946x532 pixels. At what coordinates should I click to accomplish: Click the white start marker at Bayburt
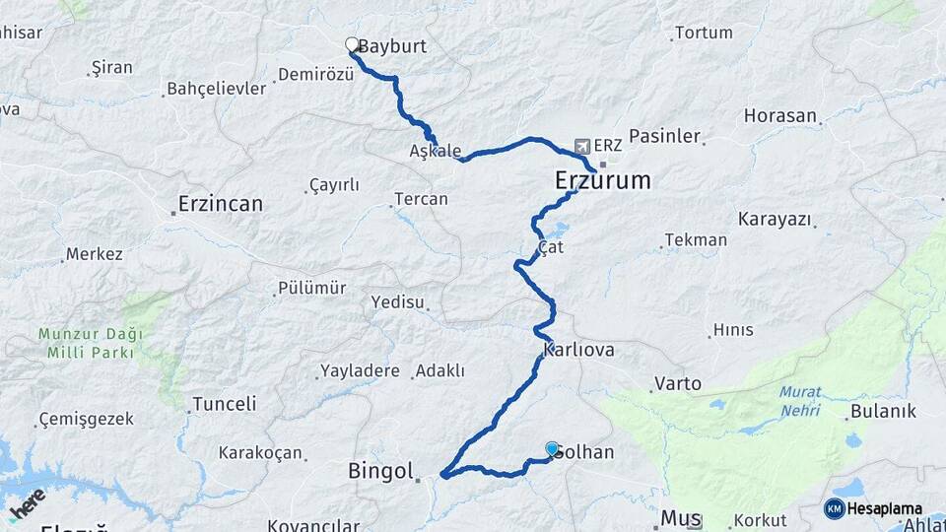click(x=352, y=44)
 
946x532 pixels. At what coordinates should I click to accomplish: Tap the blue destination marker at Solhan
click(x=552, y=449)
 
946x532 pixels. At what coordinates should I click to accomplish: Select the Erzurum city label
click(x=603, y=180)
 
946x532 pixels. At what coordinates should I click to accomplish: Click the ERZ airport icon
click(x=582, y=146)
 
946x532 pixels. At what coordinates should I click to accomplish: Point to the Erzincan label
click(x=220, y=205)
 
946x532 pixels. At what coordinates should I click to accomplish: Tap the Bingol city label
click(x=380, y=472)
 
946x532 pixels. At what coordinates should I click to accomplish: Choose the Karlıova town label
click(x=578, y=350)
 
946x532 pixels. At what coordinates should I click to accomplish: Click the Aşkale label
click(x=435, y=152)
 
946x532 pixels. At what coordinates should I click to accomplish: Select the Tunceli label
click(x=224, y=404)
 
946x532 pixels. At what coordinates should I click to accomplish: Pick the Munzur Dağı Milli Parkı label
click(x=91, y=343)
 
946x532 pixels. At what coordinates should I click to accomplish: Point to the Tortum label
click(x=704, y=33)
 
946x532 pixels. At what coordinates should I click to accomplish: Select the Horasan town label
click(x=780, y=115)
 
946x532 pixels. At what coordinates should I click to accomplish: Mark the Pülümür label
click(x=311, y=288)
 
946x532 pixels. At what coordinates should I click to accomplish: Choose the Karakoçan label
click(x=260, y=452)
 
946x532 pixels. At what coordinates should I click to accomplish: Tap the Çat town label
click(x=551, y=247)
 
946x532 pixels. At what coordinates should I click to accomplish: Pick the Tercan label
click(x=421, y=199)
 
